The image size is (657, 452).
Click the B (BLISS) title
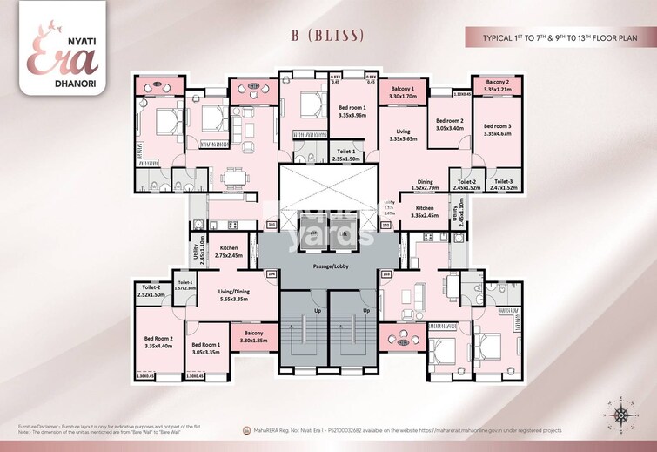[328, 36]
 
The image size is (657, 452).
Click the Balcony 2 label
[496, 84]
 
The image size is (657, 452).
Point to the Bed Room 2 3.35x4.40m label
[159, 341]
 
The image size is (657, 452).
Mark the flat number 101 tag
[272, 225]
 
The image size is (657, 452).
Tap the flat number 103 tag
[385, 273]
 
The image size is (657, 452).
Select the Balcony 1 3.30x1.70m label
[403, 92]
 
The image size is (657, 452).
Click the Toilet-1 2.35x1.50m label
[349, 156]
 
